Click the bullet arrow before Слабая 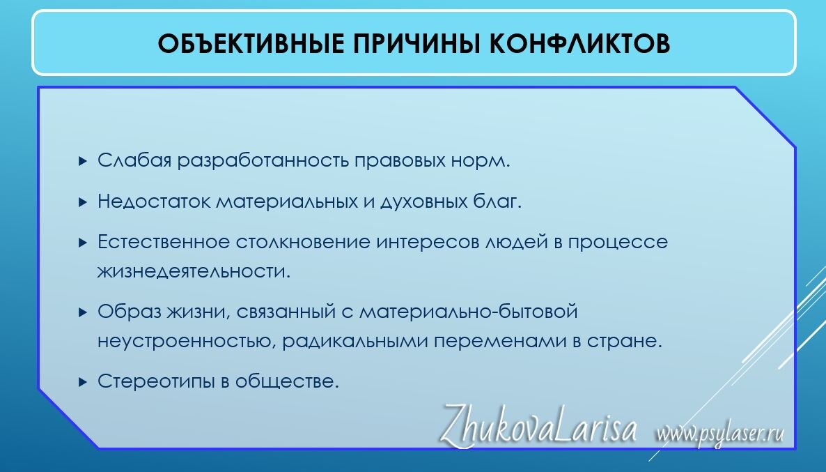(83, 161)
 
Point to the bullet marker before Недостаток (83, 202)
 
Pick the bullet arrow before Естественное (83, 243)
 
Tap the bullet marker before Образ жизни (83, 312)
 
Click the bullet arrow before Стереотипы (83, 382)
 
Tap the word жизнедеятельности (194, 271)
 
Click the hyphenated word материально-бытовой (468, 312)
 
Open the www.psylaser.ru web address (719, 434)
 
